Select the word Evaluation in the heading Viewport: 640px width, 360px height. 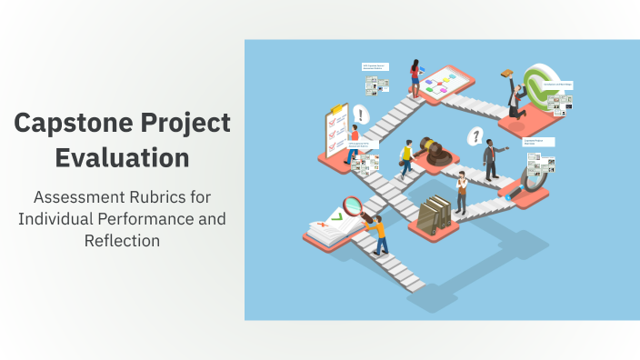click(x=122, y=156)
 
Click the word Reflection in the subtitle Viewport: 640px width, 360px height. click(x=122, y=240)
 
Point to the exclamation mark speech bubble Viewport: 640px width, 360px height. click(x=362, y=115)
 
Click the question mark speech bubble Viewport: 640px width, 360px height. click(x=474, y=136)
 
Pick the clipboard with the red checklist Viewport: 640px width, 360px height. click(x=332, y=133)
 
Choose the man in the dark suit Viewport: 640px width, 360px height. click(x=490, y=160)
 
